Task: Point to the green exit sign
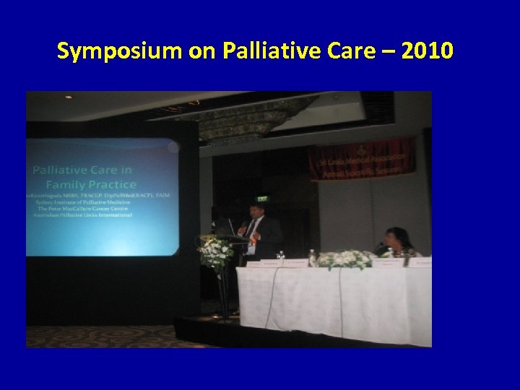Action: tap(263, 199)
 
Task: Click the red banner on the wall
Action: tap(361, 158)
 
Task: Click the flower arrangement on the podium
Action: tap(216, 249)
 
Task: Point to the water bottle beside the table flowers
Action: tap(312, 257)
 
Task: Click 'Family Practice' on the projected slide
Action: tap(103, 185)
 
